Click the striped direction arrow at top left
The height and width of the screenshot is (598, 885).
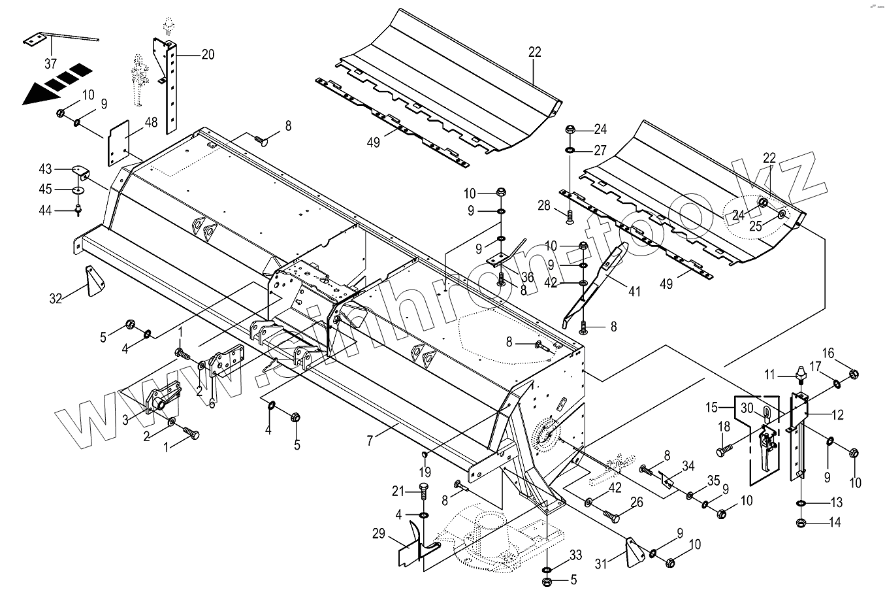(x=56, y=83)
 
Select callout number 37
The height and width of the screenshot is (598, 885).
(x=51, y=63)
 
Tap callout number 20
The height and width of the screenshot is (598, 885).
(x=207, y=55)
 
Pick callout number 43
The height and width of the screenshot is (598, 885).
(x=45, y=169)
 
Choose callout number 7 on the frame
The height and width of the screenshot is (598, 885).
(x=370, y=441)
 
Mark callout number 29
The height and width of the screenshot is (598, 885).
(x=378, y=534)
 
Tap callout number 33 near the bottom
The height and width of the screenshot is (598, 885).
(x=575, y=556)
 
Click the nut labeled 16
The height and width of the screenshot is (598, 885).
(x=853, y=374)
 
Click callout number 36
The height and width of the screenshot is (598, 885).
(x=528, y=278)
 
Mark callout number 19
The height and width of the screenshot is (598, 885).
(x=425, y=471)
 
